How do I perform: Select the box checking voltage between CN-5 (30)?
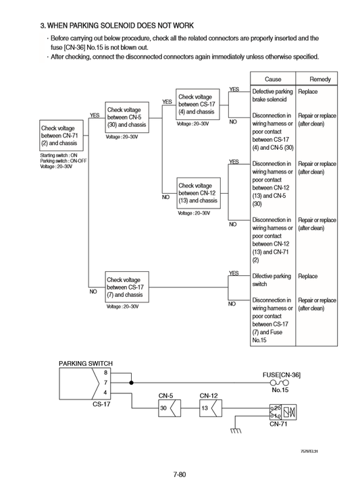(x=126, y=117)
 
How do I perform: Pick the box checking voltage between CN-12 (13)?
(x=198, y=193)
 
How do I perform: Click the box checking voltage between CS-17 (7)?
(x=126, y=287)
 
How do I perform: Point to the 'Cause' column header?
(x=273, y=79)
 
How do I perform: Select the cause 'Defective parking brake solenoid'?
(x=272, y=95)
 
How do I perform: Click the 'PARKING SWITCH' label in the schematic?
(x=86, y=364)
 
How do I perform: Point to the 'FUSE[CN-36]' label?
(x=282, y=374)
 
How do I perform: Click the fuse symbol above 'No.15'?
(x=280, y=382)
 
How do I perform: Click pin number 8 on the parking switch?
(x=105, y=373)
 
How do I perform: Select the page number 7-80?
(x=179, y=474)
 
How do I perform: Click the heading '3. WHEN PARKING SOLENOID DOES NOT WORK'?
(x=117, y=26)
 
